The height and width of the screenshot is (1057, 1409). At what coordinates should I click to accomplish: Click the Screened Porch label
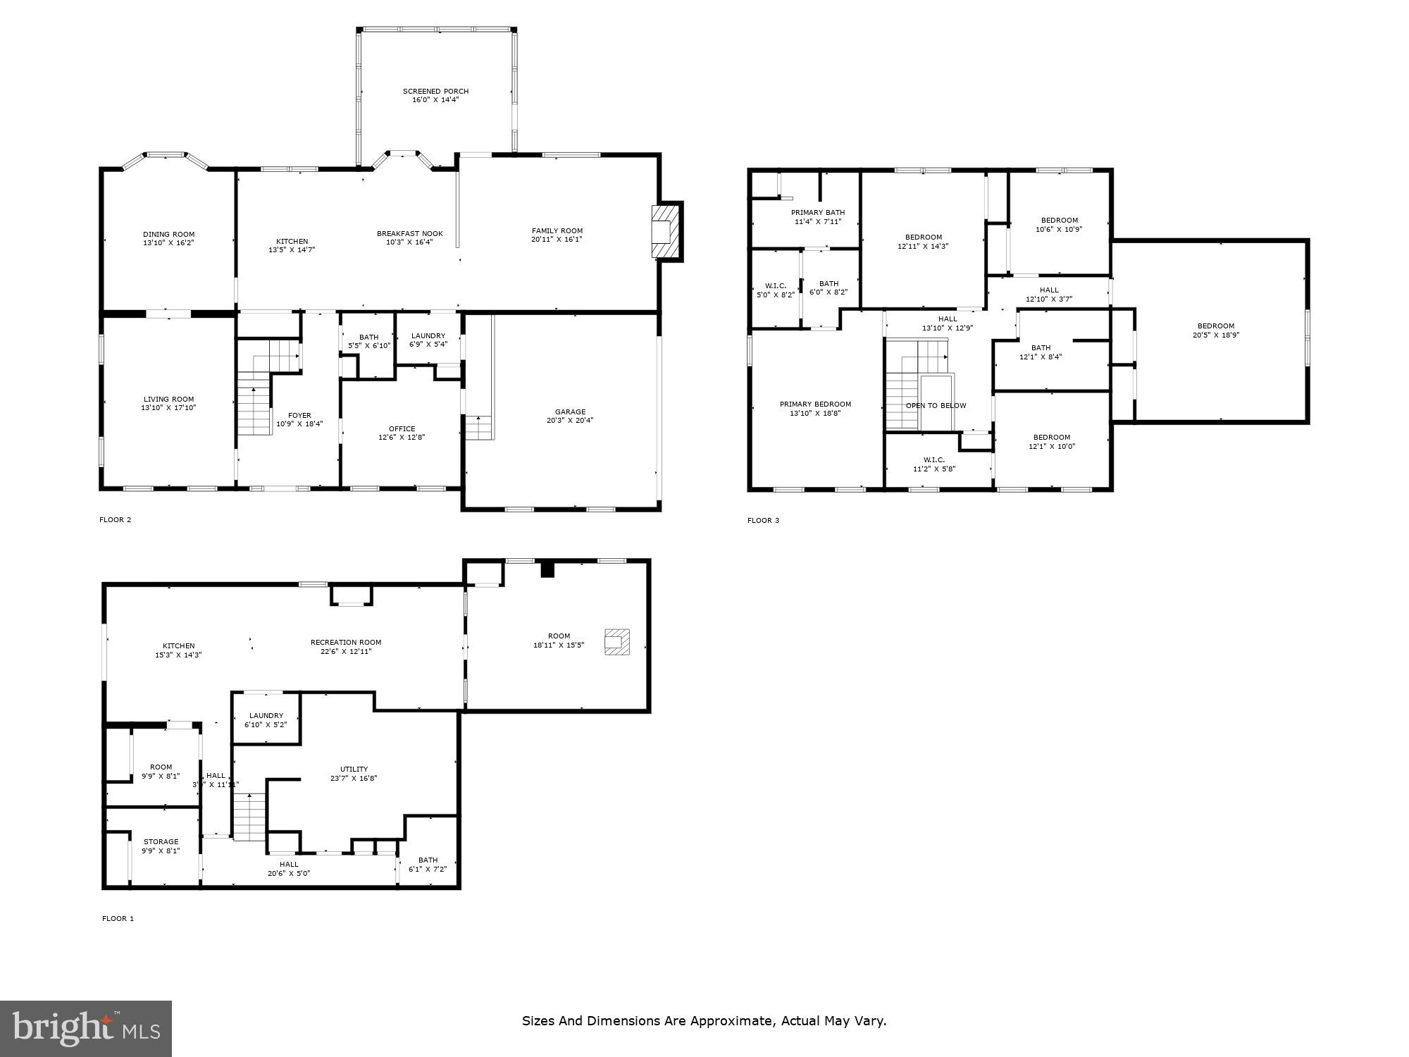[435, 92]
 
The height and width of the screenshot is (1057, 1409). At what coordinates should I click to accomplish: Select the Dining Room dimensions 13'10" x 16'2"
[168, 243]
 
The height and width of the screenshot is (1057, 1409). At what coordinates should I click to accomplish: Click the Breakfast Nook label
[409, 234]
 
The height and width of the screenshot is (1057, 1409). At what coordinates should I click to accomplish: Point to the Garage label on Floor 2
[570, 412]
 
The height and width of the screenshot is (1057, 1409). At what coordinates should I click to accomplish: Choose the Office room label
[402, 429]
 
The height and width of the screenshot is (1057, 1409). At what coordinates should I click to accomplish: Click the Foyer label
[299, 416]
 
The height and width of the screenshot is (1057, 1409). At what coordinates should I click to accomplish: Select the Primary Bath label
[817, 213]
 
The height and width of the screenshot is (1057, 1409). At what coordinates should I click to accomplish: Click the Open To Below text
[936, 406]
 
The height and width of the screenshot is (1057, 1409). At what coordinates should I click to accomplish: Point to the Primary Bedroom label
[815, 404]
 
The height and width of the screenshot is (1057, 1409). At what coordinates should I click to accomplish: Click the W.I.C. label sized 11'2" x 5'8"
[933, 460]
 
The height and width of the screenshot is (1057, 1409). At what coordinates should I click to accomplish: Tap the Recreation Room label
[346, 643]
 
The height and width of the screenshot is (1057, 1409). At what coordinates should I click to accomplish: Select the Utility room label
[354, 769]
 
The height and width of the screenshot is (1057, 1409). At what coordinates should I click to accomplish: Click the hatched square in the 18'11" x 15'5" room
[616, 642]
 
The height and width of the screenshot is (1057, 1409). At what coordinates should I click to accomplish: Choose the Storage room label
[161, 842]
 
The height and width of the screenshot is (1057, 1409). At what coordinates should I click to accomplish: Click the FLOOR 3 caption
[763, 521]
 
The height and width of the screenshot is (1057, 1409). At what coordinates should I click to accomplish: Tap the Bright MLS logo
[86, 1029]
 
